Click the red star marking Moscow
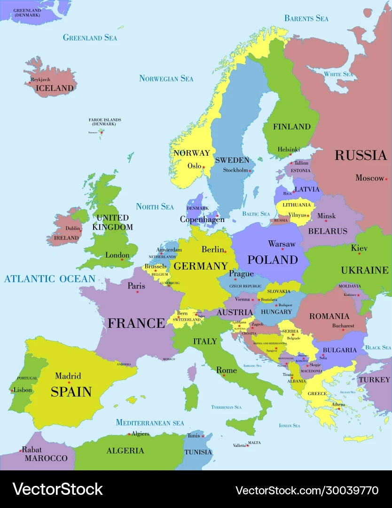pyautogui.click(x=386, y=179)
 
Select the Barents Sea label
pyautogui.click(x=306, y=18)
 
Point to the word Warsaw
pyautogui.click(x=282, y=244)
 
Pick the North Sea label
pyautogui.click(x=155, y=206)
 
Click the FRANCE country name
pyautogui.click(x=136, y=323)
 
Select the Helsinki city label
pyautogui.click(x=288, y=149)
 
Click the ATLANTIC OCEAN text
pyautogui.click(x=49, y=279)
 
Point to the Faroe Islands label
pyautogui.click(x=105, y=122)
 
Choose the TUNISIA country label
pyautogui.click(x=198, y=452)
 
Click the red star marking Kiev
pyautogui.click(x=360, y=254)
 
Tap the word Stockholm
pyautogui.click(x=235, y=170)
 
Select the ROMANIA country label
pyautogui.click(x=329, y=316)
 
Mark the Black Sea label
pyautogui.click(x=378, y=348)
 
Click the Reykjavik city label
pyautogui.click(x=40, y=79)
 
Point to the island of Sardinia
pyautogui.click(x=191, y=397)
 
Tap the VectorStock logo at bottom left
pyautogui.click(x=57, y=489)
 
